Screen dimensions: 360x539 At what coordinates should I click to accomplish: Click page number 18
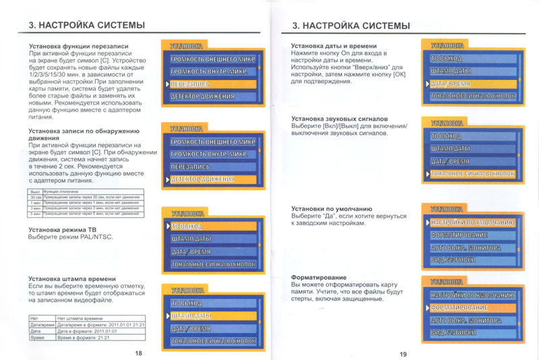[138, 353]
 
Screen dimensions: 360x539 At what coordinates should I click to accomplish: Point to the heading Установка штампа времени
[71, 278]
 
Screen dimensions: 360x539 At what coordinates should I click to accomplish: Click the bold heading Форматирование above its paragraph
[319, 278]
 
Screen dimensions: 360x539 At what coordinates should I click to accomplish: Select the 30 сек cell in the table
[34, 197]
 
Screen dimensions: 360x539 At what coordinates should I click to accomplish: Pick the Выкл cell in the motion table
[34, 191]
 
